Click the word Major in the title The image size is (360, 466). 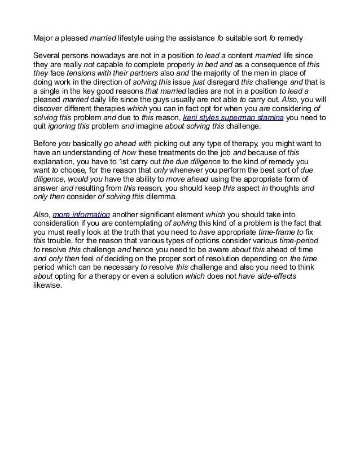click(x=43, y=39)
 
